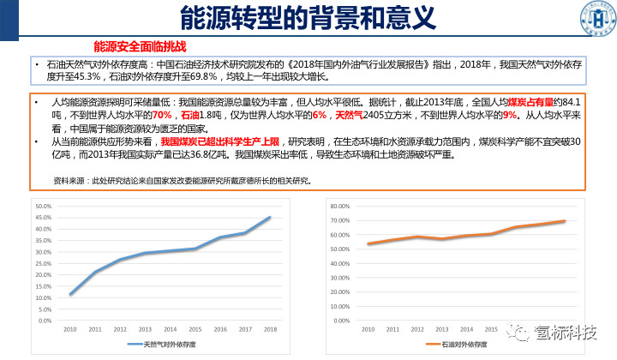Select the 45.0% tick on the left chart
pos(43,218)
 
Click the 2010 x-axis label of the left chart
pos(70,329)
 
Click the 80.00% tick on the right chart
pos(340,207)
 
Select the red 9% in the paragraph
pos(510,115)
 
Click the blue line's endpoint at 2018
pos(269,218)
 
